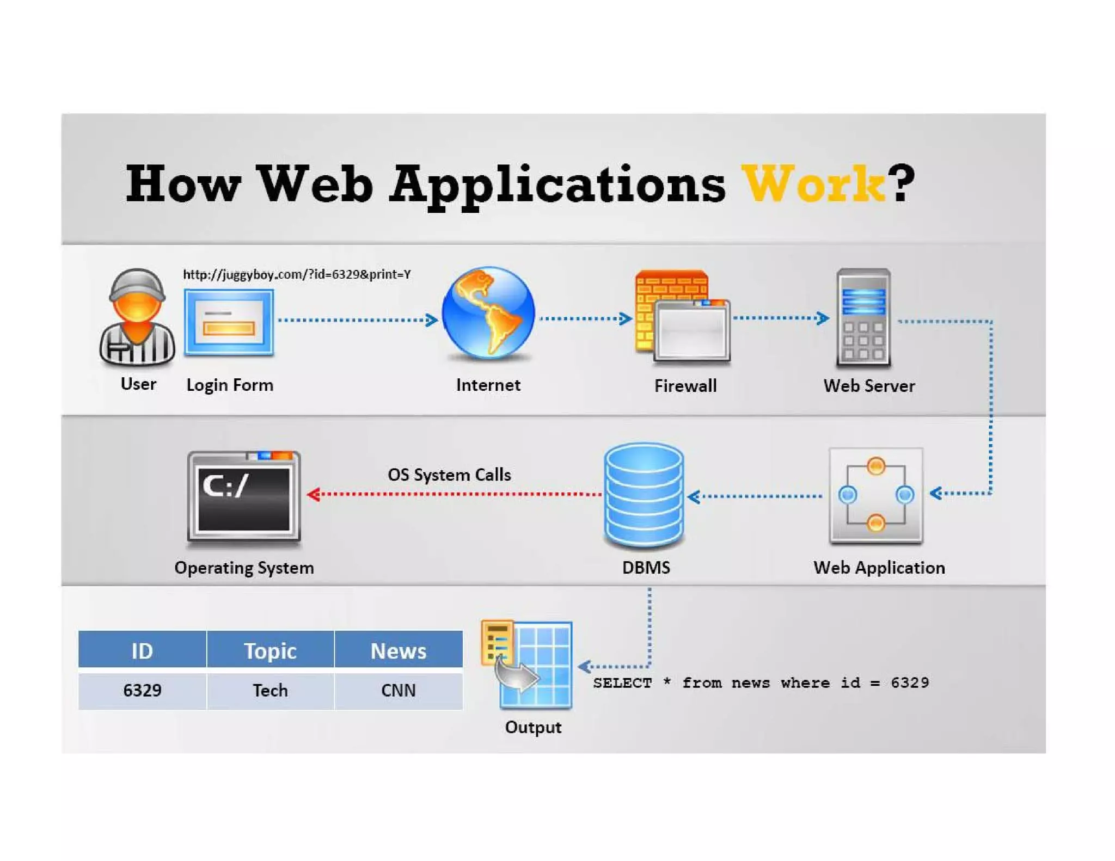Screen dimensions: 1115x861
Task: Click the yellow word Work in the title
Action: coord(814,184)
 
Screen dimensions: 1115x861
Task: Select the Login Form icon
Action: coord(229,322)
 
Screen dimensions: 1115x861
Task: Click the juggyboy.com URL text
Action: coord(297,274)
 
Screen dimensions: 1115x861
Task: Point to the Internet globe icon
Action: coord(488,313)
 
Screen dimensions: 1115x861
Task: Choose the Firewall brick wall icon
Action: coord(682,316)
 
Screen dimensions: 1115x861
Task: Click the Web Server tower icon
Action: coord(863,317)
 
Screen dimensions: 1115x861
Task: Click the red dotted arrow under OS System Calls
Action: coord(455,494)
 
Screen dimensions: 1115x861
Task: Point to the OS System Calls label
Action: coord(449,475)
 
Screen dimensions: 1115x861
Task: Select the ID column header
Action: coord(142,650)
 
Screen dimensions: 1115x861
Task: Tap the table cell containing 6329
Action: coord(142,690)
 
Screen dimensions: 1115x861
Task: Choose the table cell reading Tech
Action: coord(270,690)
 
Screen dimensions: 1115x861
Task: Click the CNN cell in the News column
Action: coord(399,690)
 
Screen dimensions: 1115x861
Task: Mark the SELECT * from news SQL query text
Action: coord(761,682)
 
